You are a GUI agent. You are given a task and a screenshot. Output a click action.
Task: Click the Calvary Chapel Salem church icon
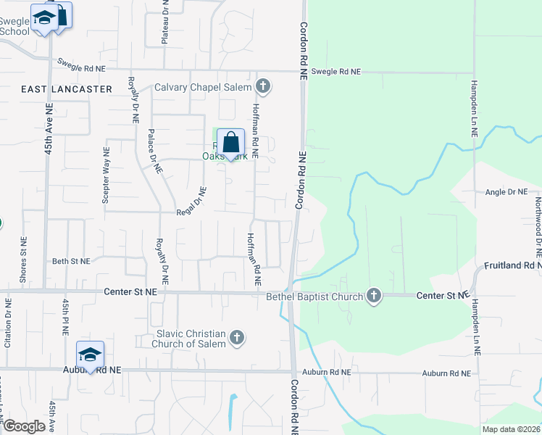point(263,87)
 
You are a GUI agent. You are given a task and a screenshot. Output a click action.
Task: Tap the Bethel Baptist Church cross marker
point(373,295)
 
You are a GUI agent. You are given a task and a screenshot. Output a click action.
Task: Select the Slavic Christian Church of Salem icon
point(236,337)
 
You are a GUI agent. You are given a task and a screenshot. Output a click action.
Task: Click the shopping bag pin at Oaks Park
point(230,144)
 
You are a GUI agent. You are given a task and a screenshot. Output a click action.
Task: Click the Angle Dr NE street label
point(506,192)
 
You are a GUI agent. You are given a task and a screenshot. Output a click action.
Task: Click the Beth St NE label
point(71,261)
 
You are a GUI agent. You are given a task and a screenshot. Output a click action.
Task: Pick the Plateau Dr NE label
point(165,22)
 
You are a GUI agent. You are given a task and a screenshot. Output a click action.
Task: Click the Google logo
point(24,426)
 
